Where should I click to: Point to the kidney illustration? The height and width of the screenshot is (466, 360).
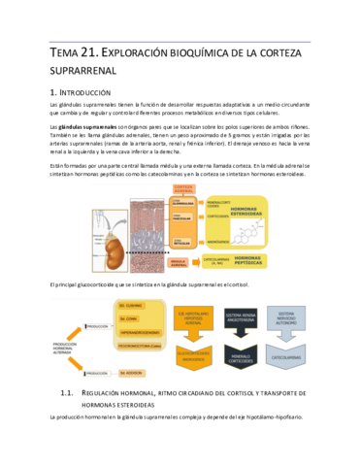click(x=101, y=233)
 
